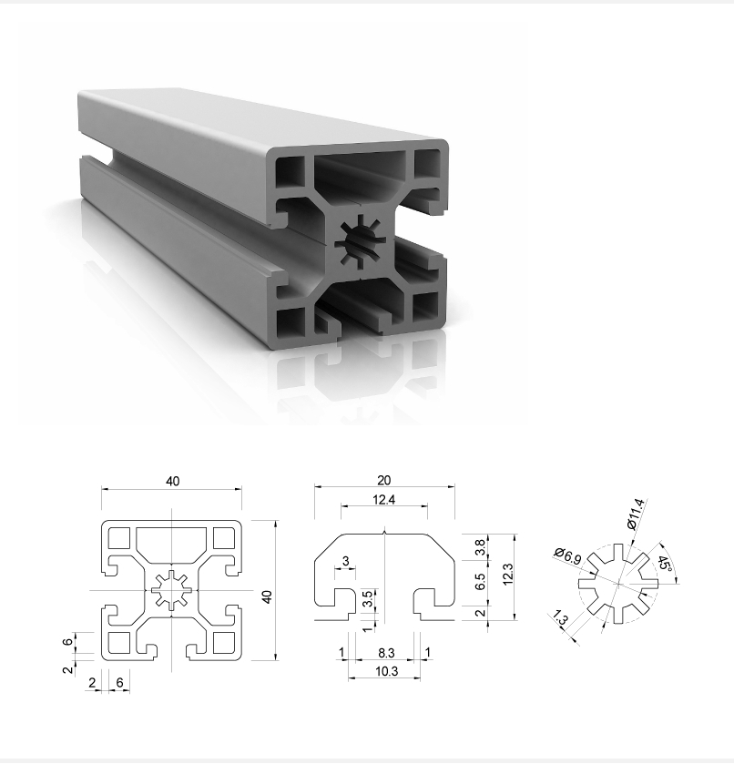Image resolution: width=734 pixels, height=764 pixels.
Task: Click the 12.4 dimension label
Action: click(x=383, y=499)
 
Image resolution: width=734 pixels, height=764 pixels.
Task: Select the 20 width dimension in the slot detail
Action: click(x=384, y=481)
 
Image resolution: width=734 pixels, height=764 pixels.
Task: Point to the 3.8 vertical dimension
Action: click(x=481, y=547)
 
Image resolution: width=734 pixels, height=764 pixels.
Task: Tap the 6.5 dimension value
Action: click(x=481, y=581)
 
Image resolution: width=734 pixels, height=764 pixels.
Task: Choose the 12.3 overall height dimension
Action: click(x=507, y=574)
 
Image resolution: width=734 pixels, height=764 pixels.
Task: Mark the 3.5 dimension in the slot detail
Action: click(x=369, y=598)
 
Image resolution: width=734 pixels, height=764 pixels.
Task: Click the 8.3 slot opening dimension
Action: click(x=386, y=652)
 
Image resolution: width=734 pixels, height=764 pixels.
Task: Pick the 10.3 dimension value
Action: click(x=386, y=671)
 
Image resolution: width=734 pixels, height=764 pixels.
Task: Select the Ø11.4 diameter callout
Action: click(x=636, y=514)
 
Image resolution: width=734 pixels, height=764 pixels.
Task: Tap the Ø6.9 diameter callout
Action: click(x=567, y=556)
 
